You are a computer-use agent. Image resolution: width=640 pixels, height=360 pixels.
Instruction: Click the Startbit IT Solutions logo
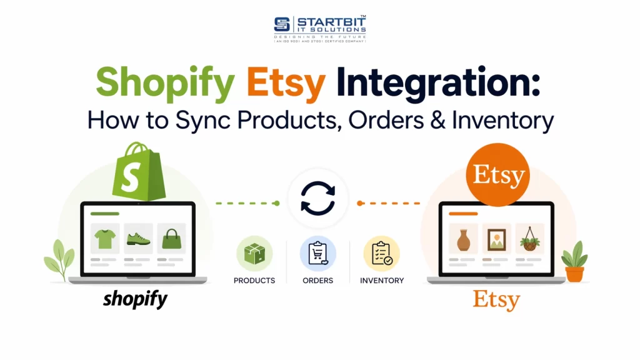click(319, 27)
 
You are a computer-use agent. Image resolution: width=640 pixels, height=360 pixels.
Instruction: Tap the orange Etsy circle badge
click(497, 176)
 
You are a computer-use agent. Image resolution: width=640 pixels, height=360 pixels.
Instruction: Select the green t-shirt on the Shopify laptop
click(105, 238)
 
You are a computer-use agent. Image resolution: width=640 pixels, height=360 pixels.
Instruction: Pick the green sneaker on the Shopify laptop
click(138, 238)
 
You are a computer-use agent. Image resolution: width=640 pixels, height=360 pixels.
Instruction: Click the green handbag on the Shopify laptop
click(171, 238)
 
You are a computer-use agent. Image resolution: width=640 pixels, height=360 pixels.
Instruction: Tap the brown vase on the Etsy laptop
click(463, 238)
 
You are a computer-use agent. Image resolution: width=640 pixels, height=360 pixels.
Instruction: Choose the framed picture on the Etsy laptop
click(497, 238)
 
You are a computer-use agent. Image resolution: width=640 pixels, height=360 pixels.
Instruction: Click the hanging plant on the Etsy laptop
click(530, 238)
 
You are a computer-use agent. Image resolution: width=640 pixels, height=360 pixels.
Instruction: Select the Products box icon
click(254, 253)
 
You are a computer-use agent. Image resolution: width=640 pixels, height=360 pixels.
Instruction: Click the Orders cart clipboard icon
click(318, 253)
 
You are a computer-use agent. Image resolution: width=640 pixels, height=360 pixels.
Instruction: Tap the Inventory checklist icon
click(381, 253)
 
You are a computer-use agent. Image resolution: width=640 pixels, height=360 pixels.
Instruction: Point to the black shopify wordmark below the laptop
click(136, 299)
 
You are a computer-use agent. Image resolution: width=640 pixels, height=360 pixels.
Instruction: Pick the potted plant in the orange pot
click(574, 262)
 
